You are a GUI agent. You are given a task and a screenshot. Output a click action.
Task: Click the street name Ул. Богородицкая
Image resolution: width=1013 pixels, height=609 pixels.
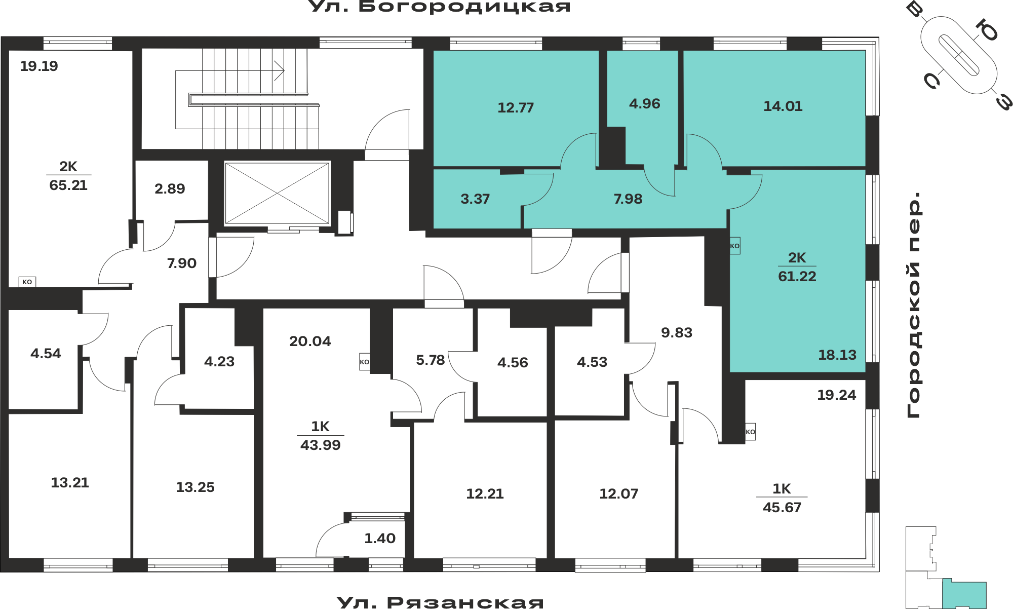(440, 7)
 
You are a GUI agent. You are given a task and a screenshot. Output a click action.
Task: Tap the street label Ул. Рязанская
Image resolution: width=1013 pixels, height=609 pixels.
(440, 602)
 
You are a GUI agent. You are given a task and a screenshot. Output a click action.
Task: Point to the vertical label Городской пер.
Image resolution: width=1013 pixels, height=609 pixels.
(913, 305)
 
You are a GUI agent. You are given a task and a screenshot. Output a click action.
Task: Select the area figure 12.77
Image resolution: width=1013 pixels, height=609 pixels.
(516, 107)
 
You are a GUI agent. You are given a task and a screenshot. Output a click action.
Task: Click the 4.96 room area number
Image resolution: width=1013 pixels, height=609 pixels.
(644, 104)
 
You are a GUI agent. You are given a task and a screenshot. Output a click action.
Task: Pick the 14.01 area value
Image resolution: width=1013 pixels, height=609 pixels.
(783, 106)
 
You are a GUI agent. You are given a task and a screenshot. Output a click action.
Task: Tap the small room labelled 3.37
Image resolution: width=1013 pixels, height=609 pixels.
(475, 199)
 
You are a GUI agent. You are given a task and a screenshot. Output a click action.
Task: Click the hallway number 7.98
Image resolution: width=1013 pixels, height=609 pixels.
(628, 199)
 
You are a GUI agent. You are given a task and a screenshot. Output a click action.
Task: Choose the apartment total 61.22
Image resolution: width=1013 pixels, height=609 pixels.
(797, 277)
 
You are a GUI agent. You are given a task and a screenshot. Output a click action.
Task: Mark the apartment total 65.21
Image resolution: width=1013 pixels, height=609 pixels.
(68, 185)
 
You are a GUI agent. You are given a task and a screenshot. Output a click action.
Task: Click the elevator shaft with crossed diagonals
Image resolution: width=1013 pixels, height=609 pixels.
(277, 193)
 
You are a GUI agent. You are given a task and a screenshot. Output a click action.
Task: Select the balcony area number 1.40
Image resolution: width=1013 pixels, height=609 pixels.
(380, 539)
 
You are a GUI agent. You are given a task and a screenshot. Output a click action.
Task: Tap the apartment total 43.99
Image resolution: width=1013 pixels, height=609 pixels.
(321, 445)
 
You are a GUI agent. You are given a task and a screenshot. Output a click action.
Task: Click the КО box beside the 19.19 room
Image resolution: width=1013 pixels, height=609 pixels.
(27, 282)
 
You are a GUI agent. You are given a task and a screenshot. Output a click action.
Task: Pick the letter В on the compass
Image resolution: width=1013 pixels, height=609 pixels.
(915, 9)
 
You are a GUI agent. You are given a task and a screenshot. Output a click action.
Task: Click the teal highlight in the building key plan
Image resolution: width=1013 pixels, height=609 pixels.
(964, 595)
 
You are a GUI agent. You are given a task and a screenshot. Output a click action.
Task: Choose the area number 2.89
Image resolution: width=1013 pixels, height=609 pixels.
(170, 189)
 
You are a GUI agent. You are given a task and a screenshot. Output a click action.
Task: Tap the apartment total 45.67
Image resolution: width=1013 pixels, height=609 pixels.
(782, 508)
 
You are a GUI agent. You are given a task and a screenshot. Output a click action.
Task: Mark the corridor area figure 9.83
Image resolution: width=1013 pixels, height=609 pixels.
(677, 333)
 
